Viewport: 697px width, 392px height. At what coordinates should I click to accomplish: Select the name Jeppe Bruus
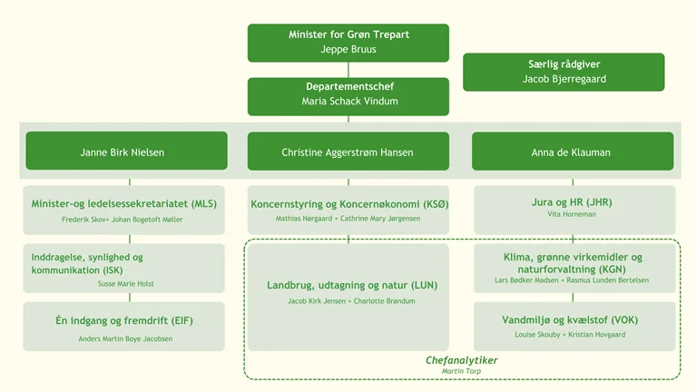348,50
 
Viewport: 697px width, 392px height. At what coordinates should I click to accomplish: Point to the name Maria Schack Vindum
349,102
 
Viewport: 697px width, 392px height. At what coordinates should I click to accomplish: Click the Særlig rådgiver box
564,72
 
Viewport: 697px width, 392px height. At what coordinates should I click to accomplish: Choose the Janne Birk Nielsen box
126,152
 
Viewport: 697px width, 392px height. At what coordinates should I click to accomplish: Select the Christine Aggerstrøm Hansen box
348,152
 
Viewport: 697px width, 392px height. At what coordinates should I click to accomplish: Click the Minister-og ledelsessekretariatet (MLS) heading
123,204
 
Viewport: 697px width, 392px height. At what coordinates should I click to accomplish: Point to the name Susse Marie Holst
126,284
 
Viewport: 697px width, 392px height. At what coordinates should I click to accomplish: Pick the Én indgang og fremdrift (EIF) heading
123,320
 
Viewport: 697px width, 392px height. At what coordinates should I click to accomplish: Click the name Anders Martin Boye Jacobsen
125,339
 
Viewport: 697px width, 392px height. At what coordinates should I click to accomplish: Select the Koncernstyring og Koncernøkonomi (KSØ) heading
348,204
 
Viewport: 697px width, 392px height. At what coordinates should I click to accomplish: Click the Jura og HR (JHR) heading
572,202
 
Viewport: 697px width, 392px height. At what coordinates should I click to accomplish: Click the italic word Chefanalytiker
461,360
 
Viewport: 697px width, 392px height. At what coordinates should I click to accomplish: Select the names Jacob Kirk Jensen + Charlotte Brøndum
349,301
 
